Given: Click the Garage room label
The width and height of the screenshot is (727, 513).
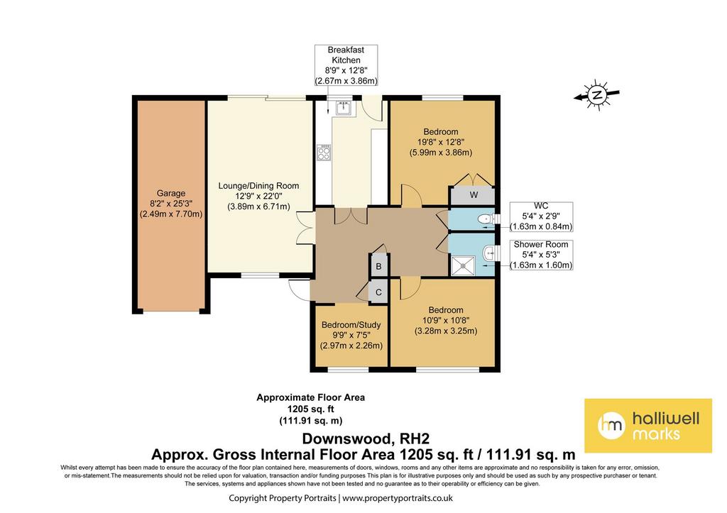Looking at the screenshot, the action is (x=171, y=193).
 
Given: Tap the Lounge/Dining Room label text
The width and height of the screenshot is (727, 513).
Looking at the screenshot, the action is (x=258, y=186).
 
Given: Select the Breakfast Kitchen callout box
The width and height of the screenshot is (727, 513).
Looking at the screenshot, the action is (x=346, y=65).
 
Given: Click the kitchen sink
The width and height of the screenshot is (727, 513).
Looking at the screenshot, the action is (x=344, y=109).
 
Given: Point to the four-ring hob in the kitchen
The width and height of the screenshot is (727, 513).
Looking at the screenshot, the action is (x=324, y=153).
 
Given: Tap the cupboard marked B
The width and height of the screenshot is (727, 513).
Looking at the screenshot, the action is (x=379, y=267).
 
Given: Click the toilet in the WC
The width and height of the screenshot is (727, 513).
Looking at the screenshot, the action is (x=486, y=219).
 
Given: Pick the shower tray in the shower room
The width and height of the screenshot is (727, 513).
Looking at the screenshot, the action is (x=464, y=265).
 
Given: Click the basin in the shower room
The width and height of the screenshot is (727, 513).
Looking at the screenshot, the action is (x=488, y=253).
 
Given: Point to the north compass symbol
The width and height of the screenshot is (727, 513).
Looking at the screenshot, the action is (x=597, y=96).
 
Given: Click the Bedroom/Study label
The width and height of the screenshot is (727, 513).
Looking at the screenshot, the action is (x=351, y=325).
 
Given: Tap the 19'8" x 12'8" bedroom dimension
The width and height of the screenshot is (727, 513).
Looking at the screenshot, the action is (x=440, y=143).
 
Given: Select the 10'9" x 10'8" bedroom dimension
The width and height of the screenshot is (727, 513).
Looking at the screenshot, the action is (x=446, y=320).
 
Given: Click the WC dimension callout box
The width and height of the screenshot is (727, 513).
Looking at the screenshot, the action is (x=541, y=216).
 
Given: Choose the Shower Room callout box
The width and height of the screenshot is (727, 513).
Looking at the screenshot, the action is (x=541, y=255).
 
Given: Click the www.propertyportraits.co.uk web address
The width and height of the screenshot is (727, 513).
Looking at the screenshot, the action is (x=398, y=498).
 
